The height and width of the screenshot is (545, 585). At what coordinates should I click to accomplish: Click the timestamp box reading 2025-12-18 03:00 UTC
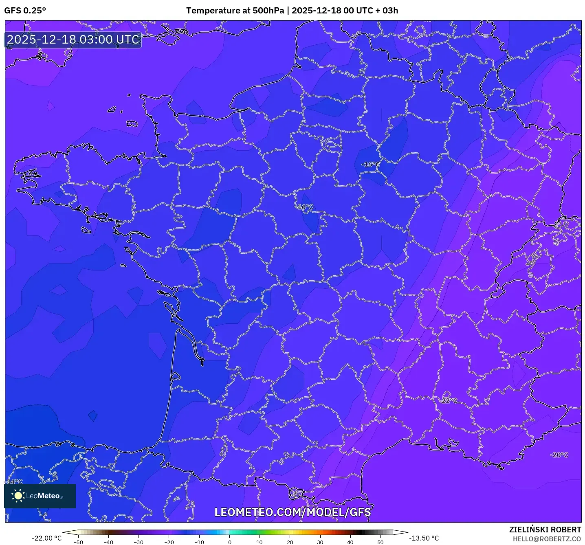point(73,40)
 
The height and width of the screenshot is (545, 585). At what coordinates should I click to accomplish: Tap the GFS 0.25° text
point(25,11)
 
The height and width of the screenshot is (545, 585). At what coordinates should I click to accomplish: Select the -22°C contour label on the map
point(448,401)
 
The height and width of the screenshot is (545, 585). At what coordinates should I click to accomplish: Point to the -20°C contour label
point(559,455)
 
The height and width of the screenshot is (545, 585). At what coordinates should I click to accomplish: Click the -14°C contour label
point(15,482)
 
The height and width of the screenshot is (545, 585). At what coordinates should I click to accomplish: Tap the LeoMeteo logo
point(40,496)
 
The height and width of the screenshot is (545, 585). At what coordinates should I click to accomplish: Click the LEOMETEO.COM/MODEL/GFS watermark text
point(292,512)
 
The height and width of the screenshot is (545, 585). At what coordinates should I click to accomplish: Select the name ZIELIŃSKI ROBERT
point(545,530)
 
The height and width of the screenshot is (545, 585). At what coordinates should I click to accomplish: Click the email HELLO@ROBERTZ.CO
point(546,539)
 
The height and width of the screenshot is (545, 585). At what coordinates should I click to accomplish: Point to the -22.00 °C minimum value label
point(46,538)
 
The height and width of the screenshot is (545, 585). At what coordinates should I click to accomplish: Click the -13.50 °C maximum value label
point(424,538)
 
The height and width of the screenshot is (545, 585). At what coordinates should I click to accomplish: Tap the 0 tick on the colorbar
point(229,542)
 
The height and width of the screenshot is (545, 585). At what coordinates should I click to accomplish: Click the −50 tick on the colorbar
point(78,542)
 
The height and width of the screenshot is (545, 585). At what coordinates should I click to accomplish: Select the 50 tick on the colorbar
point(380,542)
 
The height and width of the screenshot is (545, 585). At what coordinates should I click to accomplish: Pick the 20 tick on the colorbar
point(290,542)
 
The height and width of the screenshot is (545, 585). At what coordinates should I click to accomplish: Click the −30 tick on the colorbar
point(139,542)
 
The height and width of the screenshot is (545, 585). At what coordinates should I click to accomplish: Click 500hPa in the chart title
point(268,11)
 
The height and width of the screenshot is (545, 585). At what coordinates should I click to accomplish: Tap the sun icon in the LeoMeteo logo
point(18,496)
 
